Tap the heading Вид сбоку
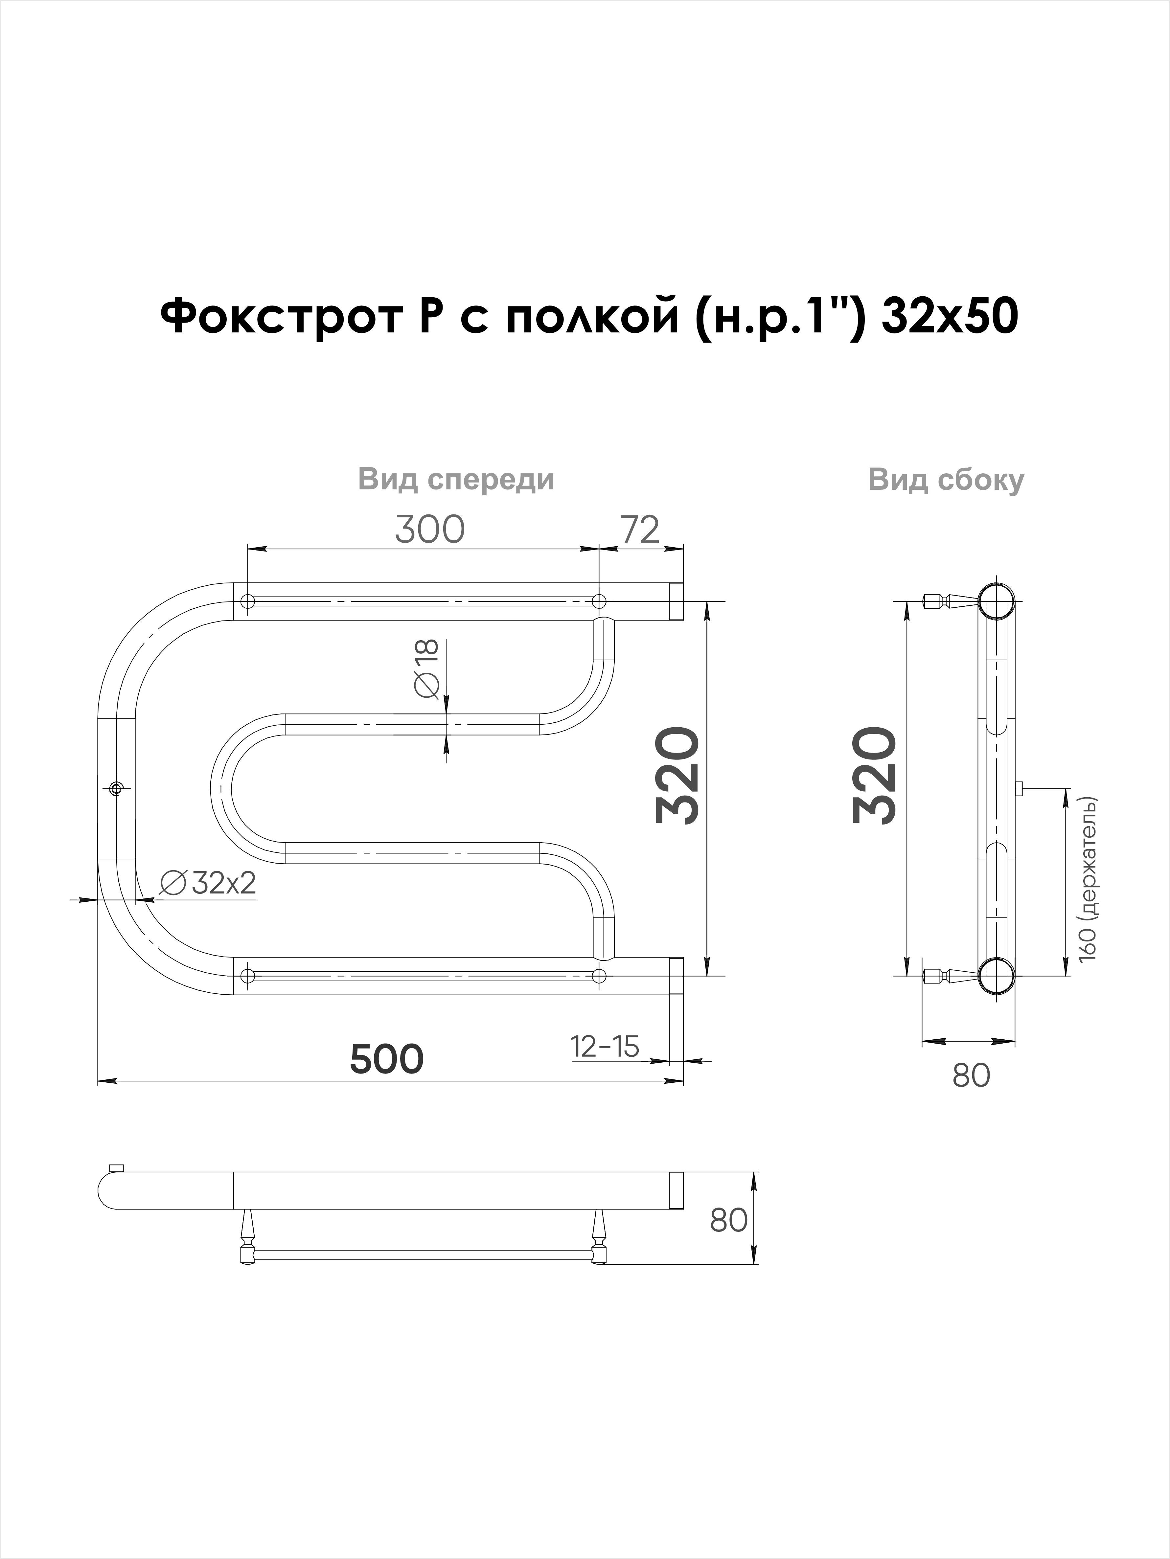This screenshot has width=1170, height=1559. tap(946, 480)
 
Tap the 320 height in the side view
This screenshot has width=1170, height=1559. tap(875, 776)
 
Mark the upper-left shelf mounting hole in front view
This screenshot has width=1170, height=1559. tap(247, 601)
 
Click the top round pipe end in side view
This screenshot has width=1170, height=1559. tap(997, 601)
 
